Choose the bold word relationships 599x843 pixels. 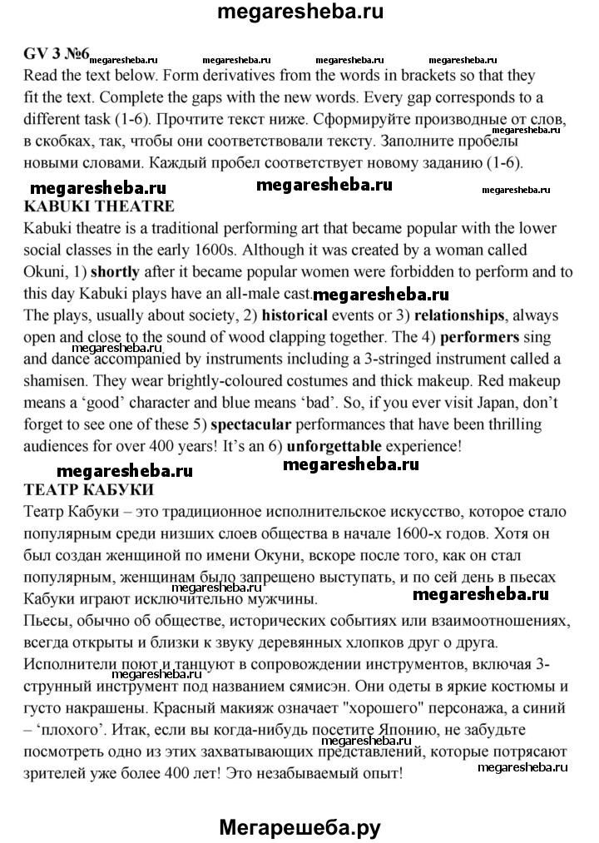(x=459, y=315)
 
